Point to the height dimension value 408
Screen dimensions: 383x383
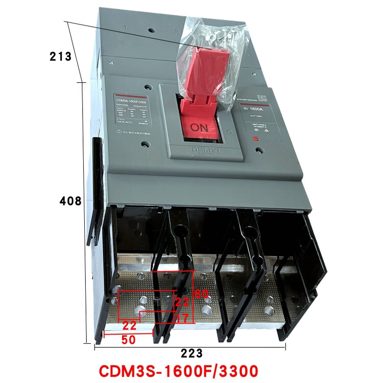[71, 201]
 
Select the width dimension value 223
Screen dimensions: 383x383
[192, 353]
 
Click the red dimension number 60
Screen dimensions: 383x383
[202, 294]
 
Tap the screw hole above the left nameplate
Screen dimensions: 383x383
[147, 87]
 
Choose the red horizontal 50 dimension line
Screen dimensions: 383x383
[128, 334]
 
